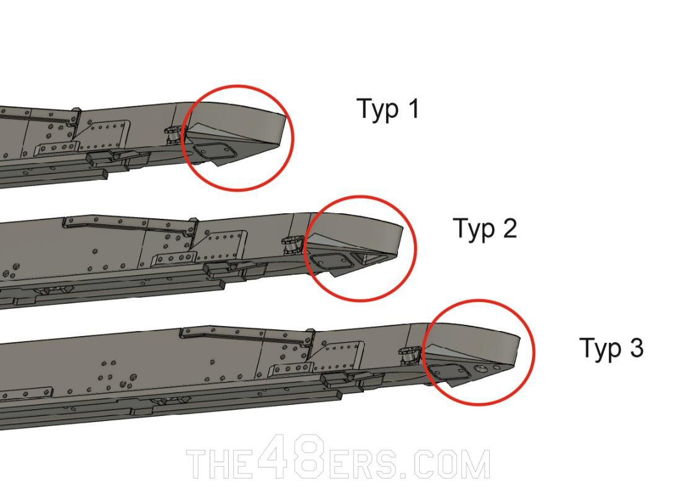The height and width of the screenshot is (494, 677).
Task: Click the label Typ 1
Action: point(389,109)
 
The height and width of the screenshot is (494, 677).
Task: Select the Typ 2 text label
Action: point(485,229)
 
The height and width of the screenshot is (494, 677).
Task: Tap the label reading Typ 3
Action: point(611,348)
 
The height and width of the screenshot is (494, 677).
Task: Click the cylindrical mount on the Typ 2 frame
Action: point(290,244)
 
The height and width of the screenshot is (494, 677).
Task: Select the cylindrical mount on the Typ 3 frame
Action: point(409,356)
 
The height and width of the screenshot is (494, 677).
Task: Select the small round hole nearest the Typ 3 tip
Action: point(496,368)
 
